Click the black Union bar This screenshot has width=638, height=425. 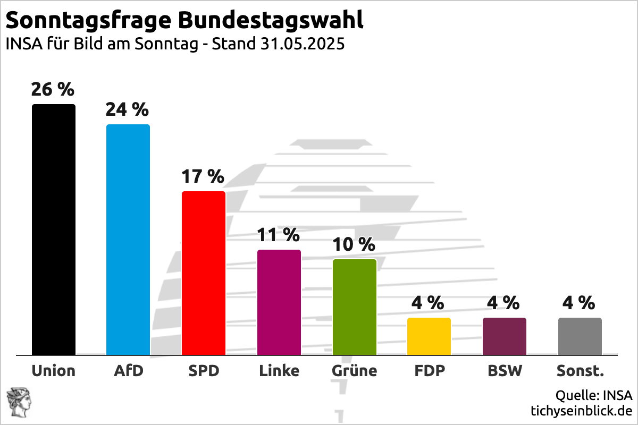point(54,229)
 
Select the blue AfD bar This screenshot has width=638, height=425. point(128,240)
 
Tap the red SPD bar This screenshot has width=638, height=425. point(204,273)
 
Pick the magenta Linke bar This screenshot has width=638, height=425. point(279,302)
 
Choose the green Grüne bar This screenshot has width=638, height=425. point(355,307)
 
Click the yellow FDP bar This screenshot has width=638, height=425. point(429,336)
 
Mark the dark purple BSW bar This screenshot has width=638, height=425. point(505,336)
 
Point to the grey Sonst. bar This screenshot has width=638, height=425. point(580,336)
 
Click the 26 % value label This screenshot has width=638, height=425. point(53,89)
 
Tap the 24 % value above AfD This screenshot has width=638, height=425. point(127,109)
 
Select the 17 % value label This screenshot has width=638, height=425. point(203,176)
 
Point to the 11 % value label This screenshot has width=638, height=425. point(278,234)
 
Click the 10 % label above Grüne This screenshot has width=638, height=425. point(354,244)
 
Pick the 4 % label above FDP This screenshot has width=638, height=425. point(428,303)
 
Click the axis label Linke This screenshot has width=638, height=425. point(279,370)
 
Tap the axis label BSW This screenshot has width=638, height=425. point(505,370)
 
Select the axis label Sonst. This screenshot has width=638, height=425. point(580,370)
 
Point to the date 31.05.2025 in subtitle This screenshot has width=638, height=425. point(303,44)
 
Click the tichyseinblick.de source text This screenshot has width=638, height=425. point(581,411)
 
